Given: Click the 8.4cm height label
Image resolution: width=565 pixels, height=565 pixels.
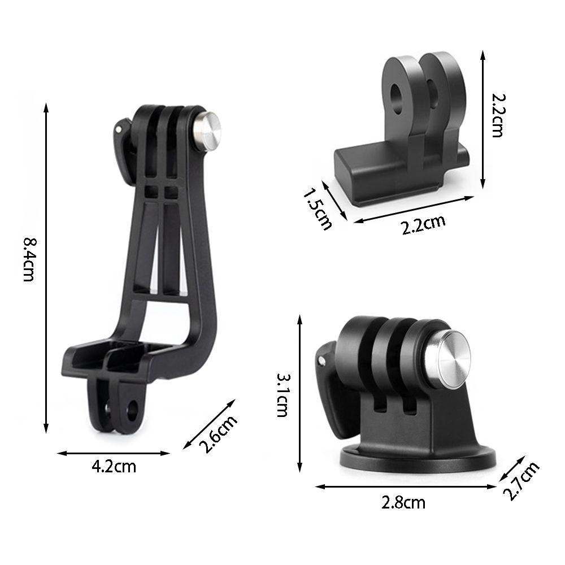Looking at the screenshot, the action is tap(29, 259).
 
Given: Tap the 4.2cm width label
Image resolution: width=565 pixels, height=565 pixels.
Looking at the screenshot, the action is tap(114, 467).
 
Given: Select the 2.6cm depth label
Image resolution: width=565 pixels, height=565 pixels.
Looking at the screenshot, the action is tap(218, 434).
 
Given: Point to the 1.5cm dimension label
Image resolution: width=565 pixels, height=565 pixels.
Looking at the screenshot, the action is tap(317, 209).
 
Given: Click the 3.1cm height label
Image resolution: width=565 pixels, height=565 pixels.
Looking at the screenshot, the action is tap(282, 395).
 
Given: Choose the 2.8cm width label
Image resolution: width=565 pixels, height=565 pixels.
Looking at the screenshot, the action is tap(403, 503).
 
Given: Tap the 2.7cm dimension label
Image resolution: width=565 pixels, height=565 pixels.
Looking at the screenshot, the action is tap(521, 481).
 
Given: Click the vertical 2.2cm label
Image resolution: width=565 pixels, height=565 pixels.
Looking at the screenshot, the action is tap(499, 115).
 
